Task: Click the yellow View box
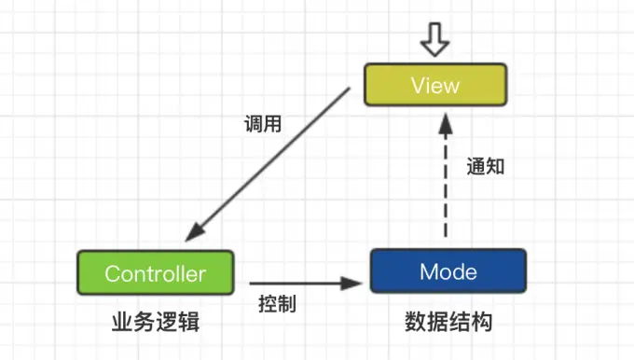click(x=435, y=85)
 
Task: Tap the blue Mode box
click(x=448, y=271)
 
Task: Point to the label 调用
click(x=264, y=122)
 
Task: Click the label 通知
click(x=486, y=167)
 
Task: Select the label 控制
click(x=277, y=304)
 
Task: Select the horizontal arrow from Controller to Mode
click(x=303, y=282)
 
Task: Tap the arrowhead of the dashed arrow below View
click(x=447, y=121)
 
